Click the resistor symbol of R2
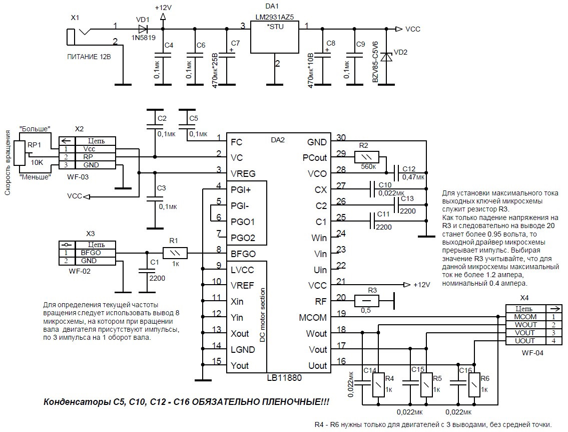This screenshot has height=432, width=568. click(x=367, y=157)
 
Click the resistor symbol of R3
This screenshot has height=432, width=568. click(x=367, y=301)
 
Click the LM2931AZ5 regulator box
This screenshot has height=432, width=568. click(x=275, y=37)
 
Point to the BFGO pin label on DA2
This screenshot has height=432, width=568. click(x=243, y=254)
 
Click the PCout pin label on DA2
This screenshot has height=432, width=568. click(x=314, y=158)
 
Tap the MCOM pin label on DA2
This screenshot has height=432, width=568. click(x=313, y=318)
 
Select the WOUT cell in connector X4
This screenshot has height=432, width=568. click(x=525, y=325)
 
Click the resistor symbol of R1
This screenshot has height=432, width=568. click(x=175, y=253)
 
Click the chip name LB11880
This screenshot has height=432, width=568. click(x=284, y=377)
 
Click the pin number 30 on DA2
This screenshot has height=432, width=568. click(x=341, y=137)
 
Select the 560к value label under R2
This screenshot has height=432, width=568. click(x=368, y=166)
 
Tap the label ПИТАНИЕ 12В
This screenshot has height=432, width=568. click(x=89, y=57)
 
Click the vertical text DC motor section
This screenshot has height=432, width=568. click(x=262, y=315)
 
